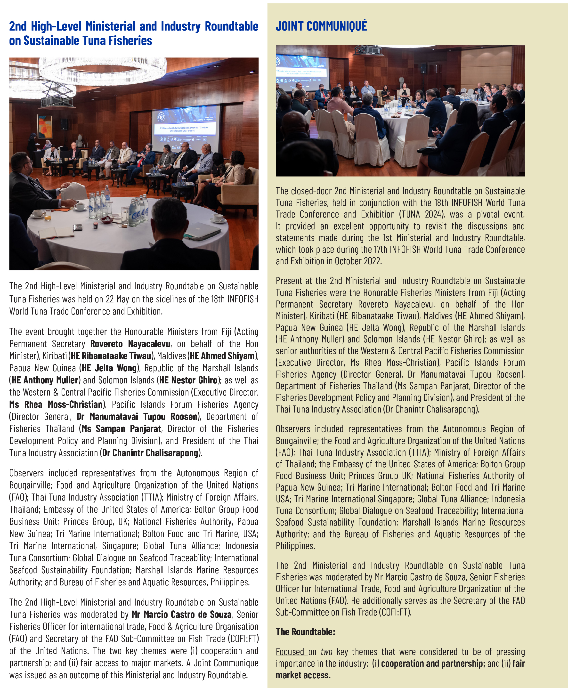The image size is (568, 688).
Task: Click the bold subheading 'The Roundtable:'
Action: (x=305, y=631)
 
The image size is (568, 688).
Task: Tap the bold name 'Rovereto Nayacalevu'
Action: (x=130, y=344)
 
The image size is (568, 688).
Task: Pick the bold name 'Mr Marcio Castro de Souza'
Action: (x=182, y=614)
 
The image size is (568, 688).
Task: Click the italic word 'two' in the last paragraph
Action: (x=326, y=652)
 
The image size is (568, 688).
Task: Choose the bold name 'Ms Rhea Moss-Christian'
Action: (x=56, y=404)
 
